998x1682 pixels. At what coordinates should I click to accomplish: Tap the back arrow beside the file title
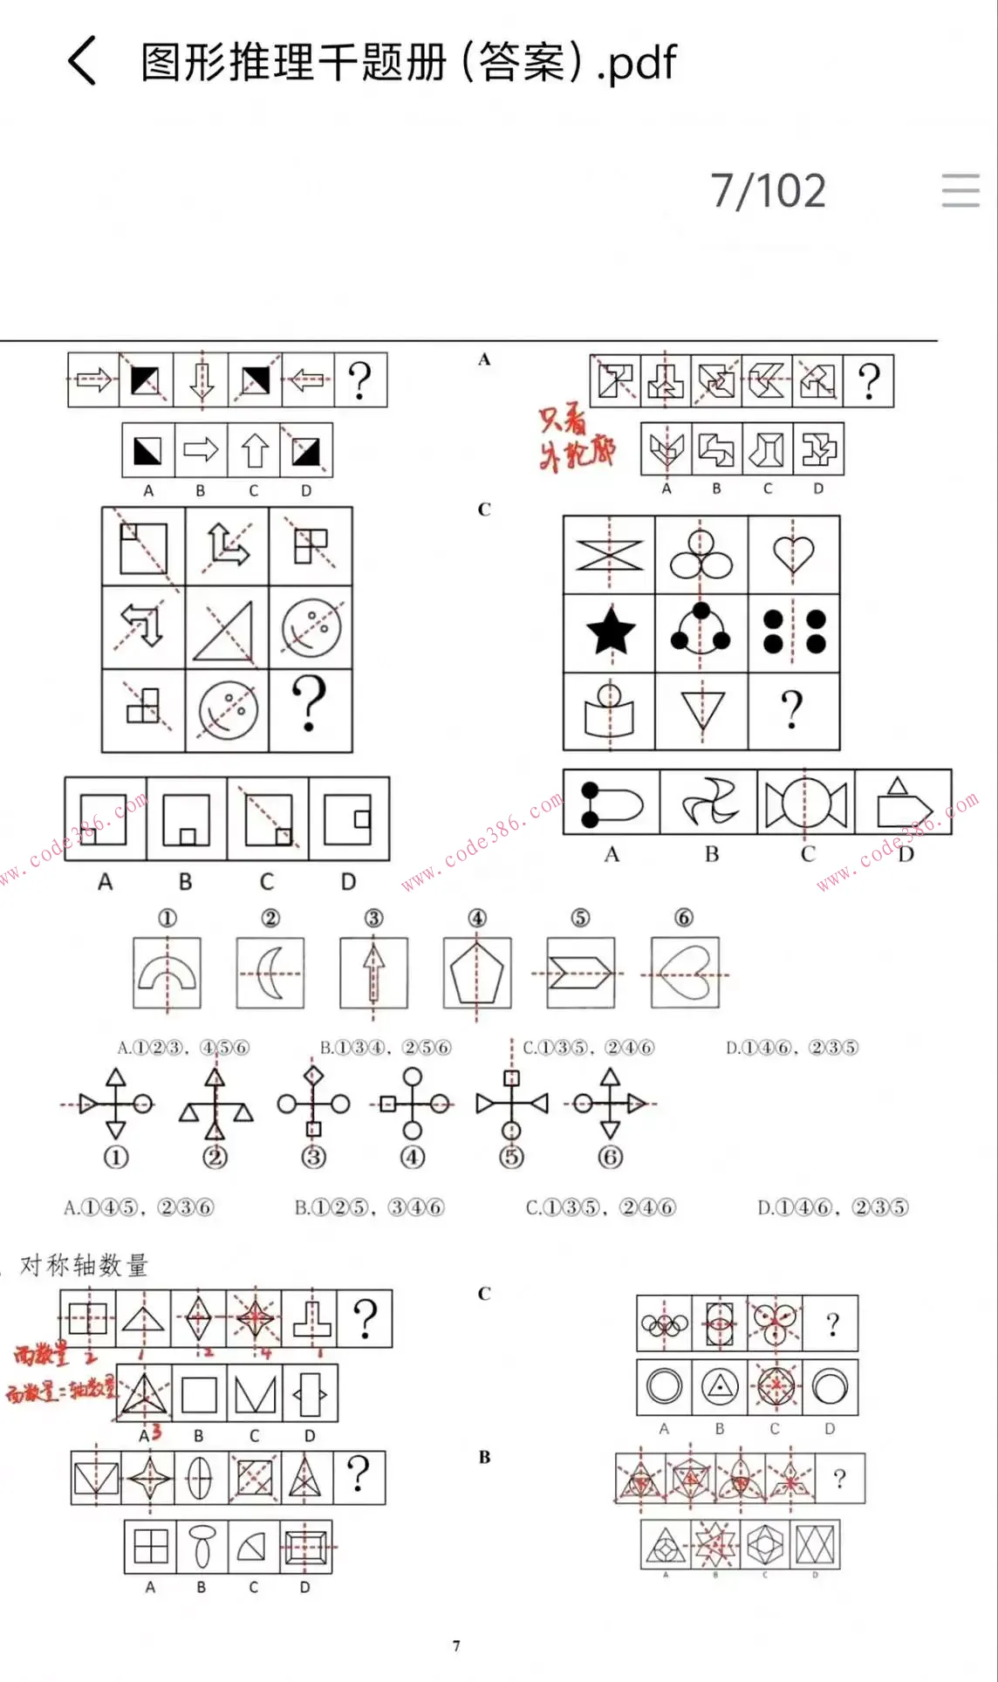82,62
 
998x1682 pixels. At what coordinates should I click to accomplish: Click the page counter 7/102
768,191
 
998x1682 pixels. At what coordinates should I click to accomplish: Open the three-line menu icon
960,190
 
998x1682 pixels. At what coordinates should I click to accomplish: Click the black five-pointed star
611,632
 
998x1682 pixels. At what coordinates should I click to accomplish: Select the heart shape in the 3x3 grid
793,554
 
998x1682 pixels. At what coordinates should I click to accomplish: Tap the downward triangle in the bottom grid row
702,709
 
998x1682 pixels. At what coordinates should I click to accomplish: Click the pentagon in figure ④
476,973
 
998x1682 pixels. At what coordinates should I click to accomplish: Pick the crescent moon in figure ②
270,973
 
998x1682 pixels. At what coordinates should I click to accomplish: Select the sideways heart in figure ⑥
686,974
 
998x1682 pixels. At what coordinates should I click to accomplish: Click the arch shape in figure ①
167,973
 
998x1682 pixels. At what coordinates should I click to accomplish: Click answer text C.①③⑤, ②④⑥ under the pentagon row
588,1048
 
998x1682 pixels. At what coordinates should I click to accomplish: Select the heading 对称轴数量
84,1265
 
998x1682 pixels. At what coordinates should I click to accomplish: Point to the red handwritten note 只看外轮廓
577,436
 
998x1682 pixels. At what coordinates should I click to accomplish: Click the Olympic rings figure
665,1324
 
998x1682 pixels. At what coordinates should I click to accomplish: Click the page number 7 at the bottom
456,1645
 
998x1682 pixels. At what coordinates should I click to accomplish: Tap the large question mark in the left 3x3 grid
310,704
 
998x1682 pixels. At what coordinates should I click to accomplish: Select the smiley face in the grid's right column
311,627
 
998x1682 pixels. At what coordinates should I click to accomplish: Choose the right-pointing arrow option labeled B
201,450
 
